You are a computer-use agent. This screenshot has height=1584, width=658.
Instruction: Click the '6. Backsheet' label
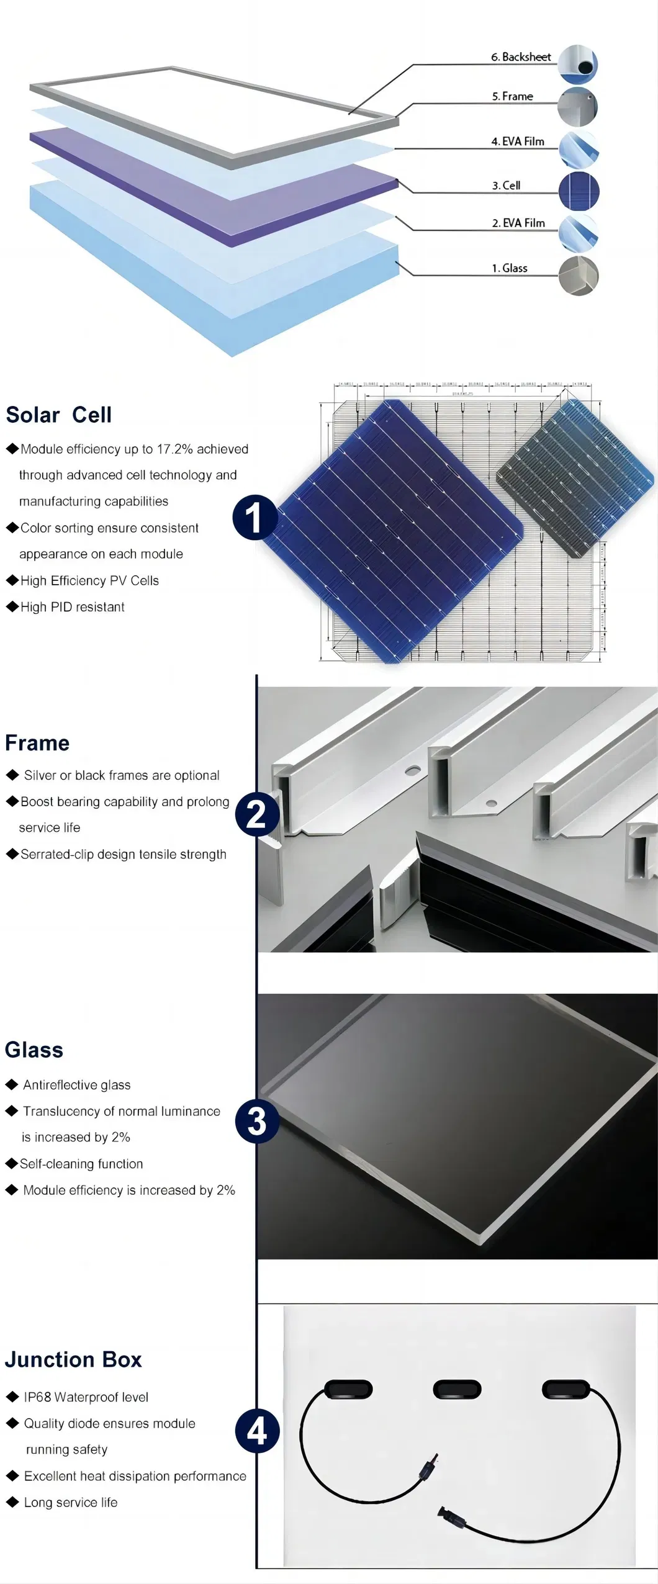click(521, 57)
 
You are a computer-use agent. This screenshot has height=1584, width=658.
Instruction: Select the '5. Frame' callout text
click(512, 96)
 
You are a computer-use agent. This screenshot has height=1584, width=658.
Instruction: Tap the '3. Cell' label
click(506, 186)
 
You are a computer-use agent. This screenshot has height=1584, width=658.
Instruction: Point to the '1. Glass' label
click(509, 268)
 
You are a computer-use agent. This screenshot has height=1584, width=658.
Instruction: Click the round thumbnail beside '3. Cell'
click(579, 191)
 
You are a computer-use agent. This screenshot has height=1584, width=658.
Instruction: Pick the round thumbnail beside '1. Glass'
click(579, 276)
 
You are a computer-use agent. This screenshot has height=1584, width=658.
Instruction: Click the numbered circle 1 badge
click(255, 517)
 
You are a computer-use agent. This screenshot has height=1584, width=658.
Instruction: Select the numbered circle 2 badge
click(256, 814)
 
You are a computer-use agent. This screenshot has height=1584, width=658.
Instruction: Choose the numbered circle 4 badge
click(256, 1431)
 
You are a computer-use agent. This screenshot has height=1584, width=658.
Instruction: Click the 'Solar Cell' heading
click(59, 415)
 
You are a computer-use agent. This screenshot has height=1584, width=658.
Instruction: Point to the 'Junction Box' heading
click(73, 1359)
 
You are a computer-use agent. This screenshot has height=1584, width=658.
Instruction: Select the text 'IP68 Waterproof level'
click(86, 1397)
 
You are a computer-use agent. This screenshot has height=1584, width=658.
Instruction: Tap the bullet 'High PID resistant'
click(72, 607)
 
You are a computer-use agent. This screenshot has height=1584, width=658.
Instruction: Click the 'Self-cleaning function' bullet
click(81, 1164)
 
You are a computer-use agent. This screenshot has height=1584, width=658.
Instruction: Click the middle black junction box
click(457, 1390)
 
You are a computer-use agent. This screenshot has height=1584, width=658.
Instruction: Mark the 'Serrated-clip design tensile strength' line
click(123, 854)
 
